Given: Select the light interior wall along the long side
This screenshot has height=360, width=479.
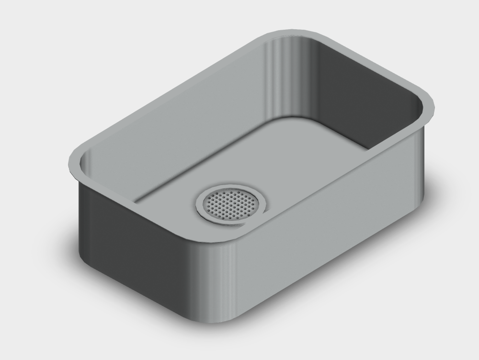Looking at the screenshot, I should (x=182, y=120).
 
